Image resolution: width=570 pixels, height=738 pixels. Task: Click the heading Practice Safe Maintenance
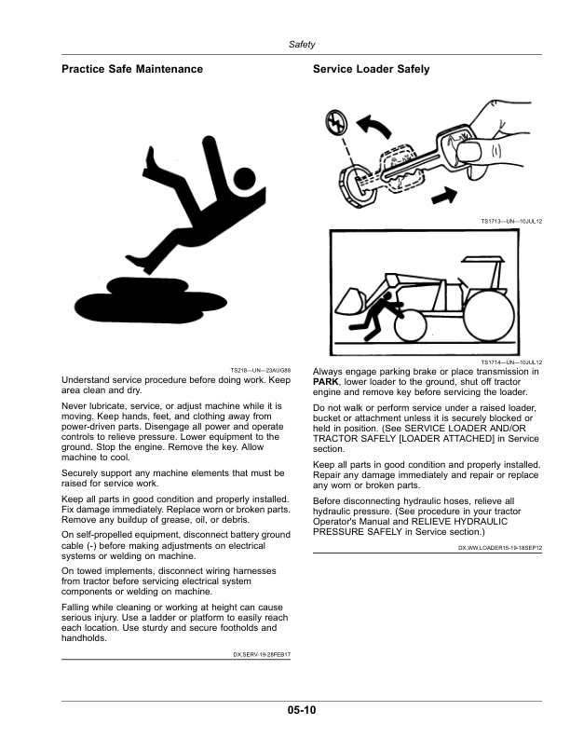coord(132,69)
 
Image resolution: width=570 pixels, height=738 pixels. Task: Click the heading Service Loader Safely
coord(371,69)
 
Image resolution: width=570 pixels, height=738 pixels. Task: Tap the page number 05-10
coord(302,710)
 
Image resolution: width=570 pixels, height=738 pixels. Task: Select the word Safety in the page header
coord(302,44)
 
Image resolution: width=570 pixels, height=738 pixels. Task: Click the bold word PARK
coord(325,382)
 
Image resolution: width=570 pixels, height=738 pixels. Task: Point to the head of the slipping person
coord(244,178)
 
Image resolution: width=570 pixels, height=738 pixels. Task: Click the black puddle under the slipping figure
coord(151,301)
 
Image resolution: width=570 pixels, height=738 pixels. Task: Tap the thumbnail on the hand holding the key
coord(469,152)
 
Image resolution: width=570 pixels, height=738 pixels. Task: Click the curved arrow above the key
coord(374,126)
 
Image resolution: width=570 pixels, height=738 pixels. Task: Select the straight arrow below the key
coord(444,195)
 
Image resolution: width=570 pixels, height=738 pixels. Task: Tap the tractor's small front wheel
coord(410,327)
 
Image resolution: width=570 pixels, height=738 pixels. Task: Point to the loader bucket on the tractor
coord(350,302)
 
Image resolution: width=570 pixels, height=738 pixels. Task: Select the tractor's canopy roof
coord(484,259)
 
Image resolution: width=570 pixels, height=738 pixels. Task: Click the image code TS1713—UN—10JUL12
coord(511,221)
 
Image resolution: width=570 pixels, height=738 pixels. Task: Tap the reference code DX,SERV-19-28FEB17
coord(262,655)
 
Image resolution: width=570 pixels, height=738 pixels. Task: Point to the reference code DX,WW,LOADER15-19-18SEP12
coord(500,548)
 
